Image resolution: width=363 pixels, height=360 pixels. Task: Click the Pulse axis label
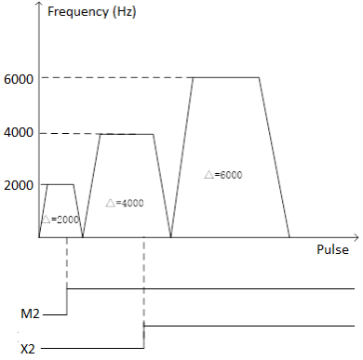[x=331, y=249]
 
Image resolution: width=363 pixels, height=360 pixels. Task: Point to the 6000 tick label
[x=19, y=79]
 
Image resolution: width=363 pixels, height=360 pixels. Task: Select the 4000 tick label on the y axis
[x=19, y=133]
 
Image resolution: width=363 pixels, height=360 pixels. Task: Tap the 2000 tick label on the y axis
[x=19, y=186]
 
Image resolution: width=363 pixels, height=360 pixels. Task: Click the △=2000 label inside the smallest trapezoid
[x=60, y=219]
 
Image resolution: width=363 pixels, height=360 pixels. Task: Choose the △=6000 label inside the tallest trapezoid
[x=223, y=174]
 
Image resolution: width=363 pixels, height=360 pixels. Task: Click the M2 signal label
[x=30, y=315]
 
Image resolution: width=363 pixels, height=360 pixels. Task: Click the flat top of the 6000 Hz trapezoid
[x=226, y=78]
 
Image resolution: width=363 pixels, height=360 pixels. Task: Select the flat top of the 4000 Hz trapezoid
[x=127, y=134]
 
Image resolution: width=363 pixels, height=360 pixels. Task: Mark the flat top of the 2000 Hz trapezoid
[x=60, y=184]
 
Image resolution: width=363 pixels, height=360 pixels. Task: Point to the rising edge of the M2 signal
[x=68, y=301]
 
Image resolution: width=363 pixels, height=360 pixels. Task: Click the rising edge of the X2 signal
[x=144, y=337]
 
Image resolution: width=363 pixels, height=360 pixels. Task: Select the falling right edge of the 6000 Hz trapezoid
[x=275, y=158]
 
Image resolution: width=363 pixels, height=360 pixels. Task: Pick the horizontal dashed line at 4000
[x=70, y=134]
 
